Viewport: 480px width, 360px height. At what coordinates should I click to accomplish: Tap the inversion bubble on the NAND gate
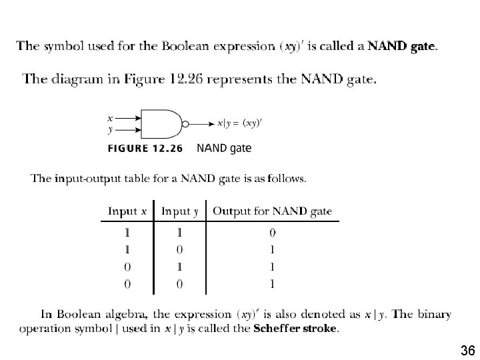tap(186, 123)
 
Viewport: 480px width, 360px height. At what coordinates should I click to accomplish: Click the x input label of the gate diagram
tap(110, 117)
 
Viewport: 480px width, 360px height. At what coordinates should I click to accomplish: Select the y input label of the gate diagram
tap(110, 130)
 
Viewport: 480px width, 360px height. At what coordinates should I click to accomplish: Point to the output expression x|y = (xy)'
tap(239, 123)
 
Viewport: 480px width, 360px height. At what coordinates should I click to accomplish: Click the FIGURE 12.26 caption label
tap(145, 148)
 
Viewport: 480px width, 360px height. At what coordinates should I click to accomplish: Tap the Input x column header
tap(127, 211)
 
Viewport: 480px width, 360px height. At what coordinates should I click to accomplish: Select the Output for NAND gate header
tap(272, 211)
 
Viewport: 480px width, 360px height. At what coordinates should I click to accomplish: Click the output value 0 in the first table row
tap(273, 233)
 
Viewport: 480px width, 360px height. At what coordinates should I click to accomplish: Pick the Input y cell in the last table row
tap(179, 284)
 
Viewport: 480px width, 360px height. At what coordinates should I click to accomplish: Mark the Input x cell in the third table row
tap(127, 267)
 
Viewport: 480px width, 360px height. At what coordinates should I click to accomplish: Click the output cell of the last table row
tap(273, 284)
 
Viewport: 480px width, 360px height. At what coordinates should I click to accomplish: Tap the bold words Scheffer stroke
tap(295, 328)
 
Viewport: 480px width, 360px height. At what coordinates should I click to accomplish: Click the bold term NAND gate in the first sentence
tap(402, 46)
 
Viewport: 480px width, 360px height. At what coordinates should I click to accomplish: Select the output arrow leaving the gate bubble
tap(203, 123)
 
